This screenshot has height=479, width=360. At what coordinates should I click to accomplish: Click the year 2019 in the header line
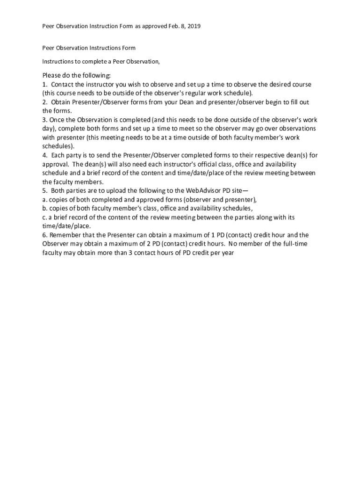click(194, 27)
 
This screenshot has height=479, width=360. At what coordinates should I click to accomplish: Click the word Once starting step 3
click(59, 120)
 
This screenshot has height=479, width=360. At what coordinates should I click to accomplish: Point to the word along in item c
click(271, 217)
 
